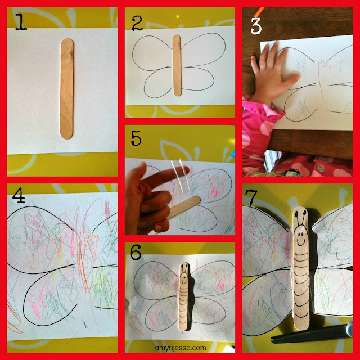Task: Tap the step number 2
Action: pyautogui.click(x=137, y=23)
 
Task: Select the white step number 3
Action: pyautogui.click(x=256, y=26)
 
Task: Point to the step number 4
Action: pyautogui.click(x=19, y=195)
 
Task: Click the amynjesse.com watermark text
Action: pyautogui.click(x=181, y=348)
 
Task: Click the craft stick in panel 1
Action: pyautogui.click(x=67, y=88)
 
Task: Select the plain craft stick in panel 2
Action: pyautogui.click(x=177, y=65)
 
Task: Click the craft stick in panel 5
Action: pyautogui.click(x=184, y=207)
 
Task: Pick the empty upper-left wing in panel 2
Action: pyautogui.click(x=152, y=53)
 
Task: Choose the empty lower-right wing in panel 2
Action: pyautogui.click(x=198, y=78)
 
